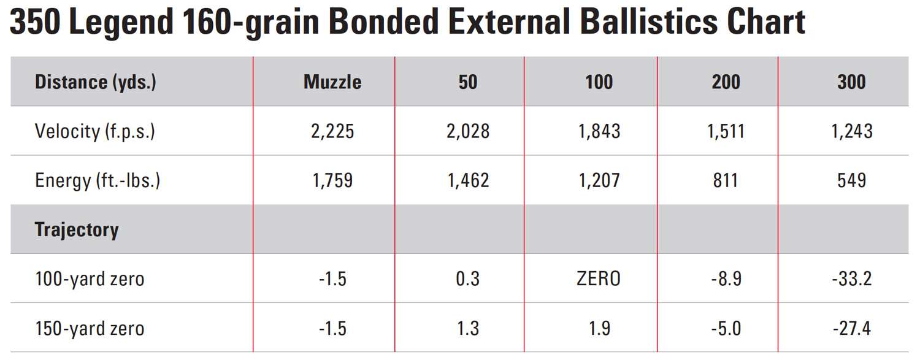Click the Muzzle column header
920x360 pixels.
point(332,82)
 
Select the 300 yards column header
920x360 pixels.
point(851,82)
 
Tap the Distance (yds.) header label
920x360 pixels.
point(95,82)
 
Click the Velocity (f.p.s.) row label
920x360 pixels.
point(94,131)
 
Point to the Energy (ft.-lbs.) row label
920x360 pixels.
point(98,180)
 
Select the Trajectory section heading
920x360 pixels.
point(77,229)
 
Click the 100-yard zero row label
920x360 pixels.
point(90,279)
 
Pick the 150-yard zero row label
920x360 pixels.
point(90,328)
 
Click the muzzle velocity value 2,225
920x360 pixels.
point(332,131)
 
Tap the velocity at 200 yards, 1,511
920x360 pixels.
point(726,131)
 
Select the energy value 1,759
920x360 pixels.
point(332,180)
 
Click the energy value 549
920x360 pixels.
point(851,180)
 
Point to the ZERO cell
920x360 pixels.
point(598,279)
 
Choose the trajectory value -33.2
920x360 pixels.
point(851,279)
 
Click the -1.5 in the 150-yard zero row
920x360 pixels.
point(332,328)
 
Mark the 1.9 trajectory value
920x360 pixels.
point(598,328)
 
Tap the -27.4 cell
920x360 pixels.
point(851,328)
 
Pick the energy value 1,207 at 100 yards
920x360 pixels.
point(598,180)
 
